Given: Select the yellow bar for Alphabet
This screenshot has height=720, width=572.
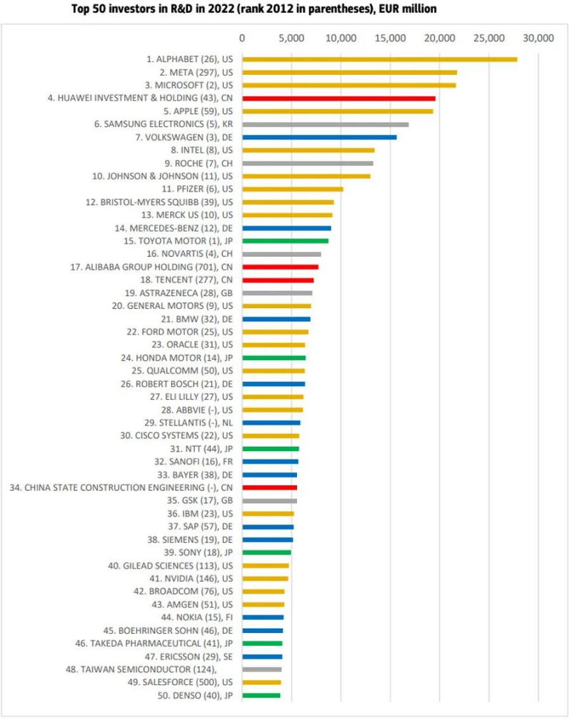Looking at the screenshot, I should [379, 59].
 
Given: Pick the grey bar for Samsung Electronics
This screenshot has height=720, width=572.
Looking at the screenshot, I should [325, 124].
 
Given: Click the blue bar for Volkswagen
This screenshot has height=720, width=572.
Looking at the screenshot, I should [319, 137].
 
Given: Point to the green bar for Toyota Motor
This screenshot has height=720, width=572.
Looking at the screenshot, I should [285, 241].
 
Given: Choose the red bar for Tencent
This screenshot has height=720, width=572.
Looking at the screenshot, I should [278, 280].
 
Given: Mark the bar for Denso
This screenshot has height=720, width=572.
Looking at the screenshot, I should [261, 695].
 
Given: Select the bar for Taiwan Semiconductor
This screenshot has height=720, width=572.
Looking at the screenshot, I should [261, 669].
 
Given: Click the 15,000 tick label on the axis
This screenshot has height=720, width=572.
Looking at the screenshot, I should [390, 38].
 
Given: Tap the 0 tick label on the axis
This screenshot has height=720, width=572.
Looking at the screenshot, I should [242, 38].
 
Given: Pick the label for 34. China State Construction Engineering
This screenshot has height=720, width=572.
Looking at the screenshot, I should [129, 487].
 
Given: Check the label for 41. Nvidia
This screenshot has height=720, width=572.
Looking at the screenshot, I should [191, 579].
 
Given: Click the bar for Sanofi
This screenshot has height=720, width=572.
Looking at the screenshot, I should [270, 462].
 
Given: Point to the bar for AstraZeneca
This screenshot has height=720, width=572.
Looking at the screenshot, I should [277, 293].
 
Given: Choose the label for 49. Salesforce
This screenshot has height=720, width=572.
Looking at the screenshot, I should [183, 682].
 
